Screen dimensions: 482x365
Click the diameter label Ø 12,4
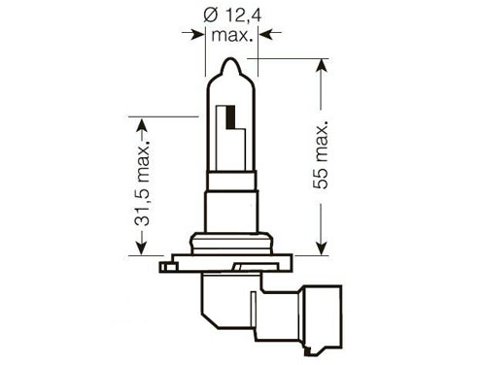(232, 16)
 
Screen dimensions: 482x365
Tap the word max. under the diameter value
(231, 35)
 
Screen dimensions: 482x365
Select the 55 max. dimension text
(321, 155)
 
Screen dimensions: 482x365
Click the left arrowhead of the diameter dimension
(197, 33)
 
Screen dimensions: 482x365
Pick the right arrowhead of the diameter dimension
(266, 33)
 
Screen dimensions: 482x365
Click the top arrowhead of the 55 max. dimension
(322, 66)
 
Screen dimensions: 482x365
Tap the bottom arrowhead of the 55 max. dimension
(322, 248)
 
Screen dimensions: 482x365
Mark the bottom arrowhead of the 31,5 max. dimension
(142, 248)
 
